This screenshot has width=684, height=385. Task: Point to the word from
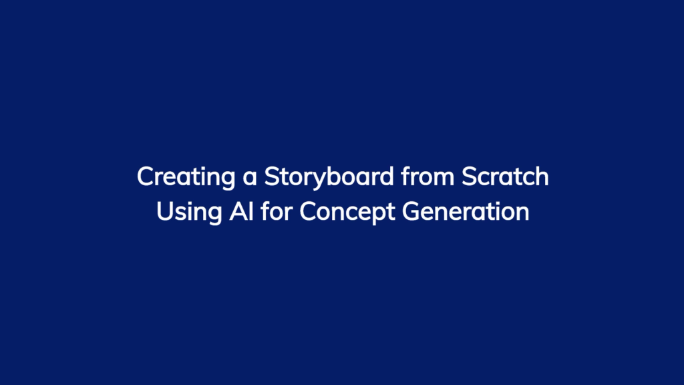click(427, 176)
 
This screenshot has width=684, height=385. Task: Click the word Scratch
click(505, 176)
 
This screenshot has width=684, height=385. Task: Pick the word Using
click(189, 213)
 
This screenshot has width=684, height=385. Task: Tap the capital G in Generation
click(411, 211)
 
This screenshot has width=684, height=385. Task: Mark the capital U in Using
click(165, 211)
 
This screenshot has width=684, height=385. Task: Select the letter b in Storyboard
click(331, 176)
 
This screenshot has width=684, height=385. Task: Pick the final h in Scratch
click(541, 176)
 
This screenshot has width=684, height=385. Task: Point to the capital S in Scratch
click(469, 176)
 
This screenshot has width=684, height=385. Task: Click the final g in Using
click(214, 216)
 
